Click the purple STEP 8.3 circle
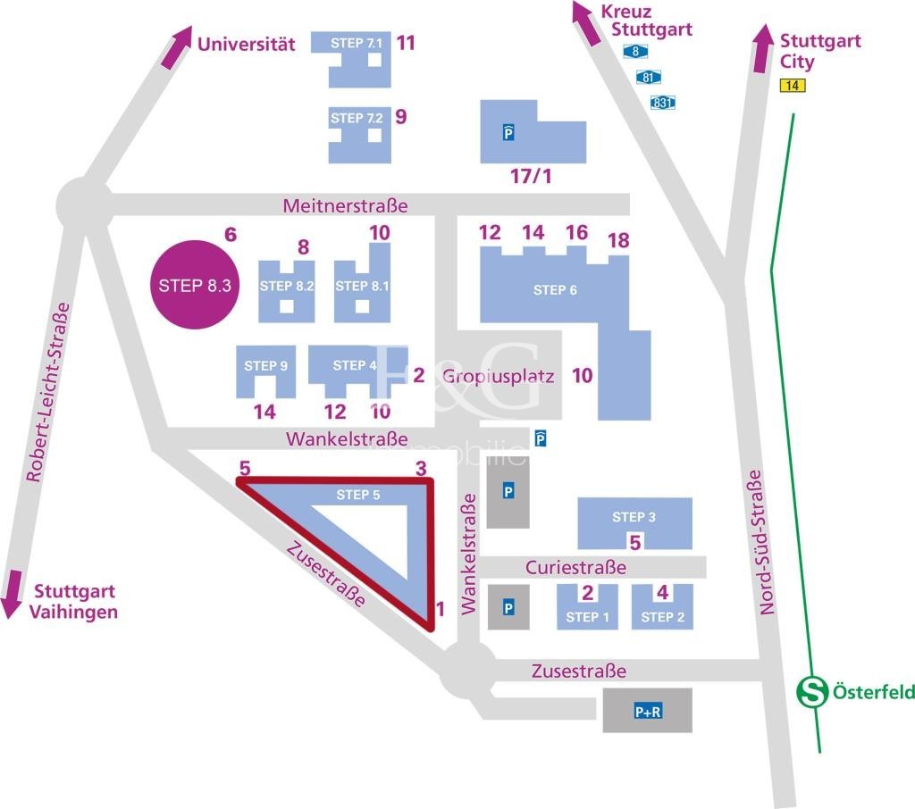coord(196,286)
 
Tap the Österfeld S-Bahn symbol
coord(811,691)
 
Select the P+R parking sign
coord(647,712)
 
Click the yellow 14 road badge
coord(791,86)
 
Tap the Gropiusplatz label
coord(498,376)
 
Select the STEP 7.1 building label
coord(356,43)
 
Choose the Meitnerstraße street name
coord(345,206)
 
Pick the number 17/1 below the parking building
coord(530,177)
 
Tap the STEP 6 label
coord(555,290)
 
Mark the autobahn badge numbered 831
coord(662,102)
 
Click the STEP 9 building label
coord(265,365)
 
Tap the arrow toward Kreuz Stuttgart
coord(589,22)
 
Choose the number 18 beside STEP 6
coord(617,240)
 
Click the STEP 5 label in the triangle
coord(358,495)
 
